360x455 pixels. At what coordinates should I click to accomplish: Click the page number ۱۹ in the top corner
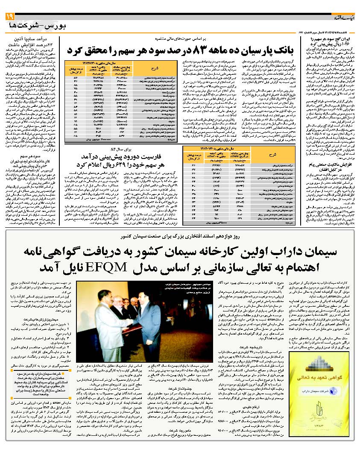pyautogui.click(x=10, y=16)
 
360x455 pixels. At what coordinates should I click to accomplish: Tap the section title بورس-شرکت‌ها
pyautogui.click(x=32, y=26)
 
